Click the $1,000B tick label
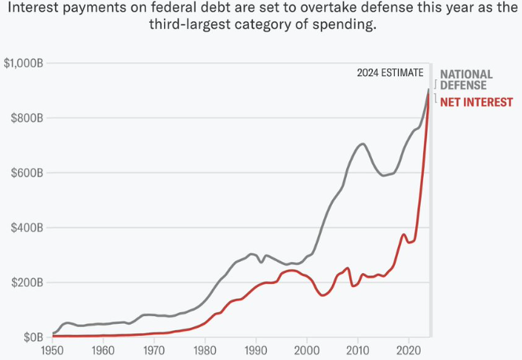click(23, 63)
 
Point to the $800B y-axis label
click(26, 118)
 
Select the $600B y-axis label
click(26, 173)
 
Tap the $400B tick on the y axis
click(26, 227)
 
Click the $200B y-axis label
click(26, 282)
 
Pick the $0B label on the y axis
click(31, 337)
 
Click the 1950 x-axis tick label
click(52, 351)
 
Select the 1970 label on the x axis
click(154, 351)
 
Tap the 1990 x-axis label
click(256, 351)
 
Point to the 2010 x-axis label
click(358, 351)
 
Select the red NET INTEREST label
click(476, 103)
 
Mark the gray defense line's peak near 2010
click(362, 144)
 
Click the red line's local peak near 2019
click(403, 234)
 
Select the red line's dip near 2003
click(323, 295)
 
